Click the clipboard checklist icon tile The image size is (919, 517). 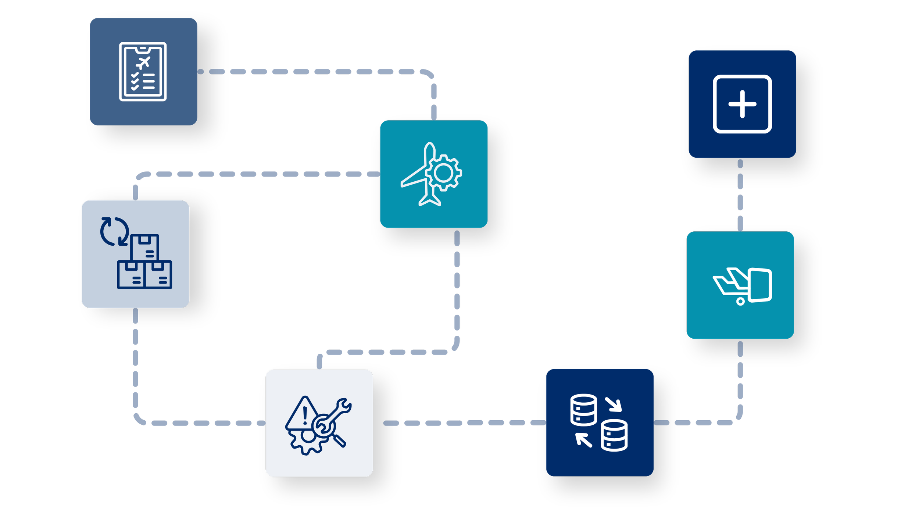143,72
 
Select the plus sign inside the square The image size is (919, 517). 742,104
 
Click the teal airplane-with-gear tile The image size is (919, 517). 434,174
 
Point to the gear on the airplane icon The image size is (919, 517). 444,173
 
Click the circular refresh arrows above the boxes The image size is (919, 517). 114,231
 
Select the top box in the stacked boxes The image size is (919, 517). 145,247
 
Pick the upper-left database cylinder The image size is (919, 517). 583,410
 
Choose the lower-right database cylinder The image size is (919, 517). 614,436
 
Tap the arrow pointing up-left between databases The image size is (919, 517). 583,440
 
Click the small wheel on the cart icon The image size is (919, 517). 740,302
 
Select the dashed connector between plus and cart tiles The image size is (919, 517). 740,195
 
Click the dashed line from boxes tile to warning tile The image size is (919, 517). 135,368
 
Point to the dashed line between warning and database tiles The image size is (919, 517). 459,423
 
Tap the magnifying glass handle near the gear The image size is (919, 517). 339,441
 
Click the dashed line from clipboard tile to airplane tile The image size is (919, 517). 312,72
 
